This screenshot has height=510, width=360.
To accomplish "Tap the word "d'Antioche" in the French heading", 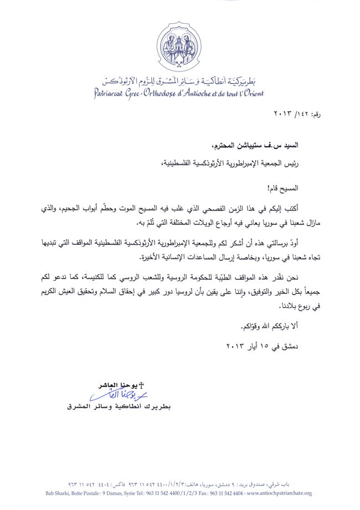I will [203, 94].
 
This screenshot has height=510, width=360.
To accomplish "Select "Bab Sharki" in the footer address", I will [59, 493].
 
